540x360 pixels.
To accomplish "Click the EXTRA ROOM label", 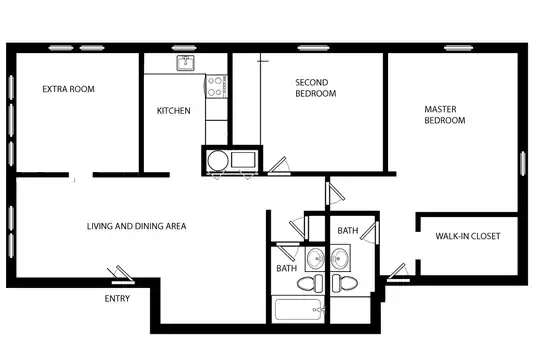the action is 69,89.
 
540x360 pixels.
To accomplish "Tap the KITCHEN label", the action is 174,111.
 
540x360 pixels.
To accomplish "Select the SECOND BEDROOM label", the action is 315,88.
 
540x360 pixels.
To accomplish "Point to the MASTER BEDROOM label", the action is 445,115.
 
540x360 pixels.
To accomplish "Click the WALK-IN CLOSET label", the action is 468,236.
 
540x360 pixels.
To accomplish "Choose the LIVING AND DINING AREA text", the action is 136,226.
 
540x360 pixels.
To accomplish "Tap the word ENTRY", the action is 117,298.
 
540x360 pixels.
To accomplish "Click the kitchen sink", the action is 185,63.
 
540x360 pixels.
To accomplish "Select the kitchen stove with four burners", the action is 216,86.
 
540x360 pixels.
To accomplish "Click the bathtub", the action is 298,309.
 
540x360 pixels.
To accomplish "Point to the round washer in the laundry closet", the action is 218,161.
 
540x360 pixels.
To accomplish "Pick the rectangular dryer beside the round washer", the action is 243,160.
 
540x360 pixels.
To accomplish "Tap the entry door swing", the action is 121,275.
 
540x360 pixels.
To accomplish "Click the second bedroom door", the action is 279,166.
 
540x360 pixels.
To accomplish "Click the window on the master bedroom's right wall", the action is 523,163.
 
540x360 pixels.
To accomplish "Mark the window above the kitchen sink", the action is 184,48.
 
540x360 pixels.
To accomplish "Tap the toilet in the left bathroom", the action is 310,284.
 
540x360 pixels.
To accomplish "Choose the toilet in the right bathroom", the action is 345,284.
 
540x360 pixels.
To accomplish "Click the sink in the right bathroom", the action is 340,257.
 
